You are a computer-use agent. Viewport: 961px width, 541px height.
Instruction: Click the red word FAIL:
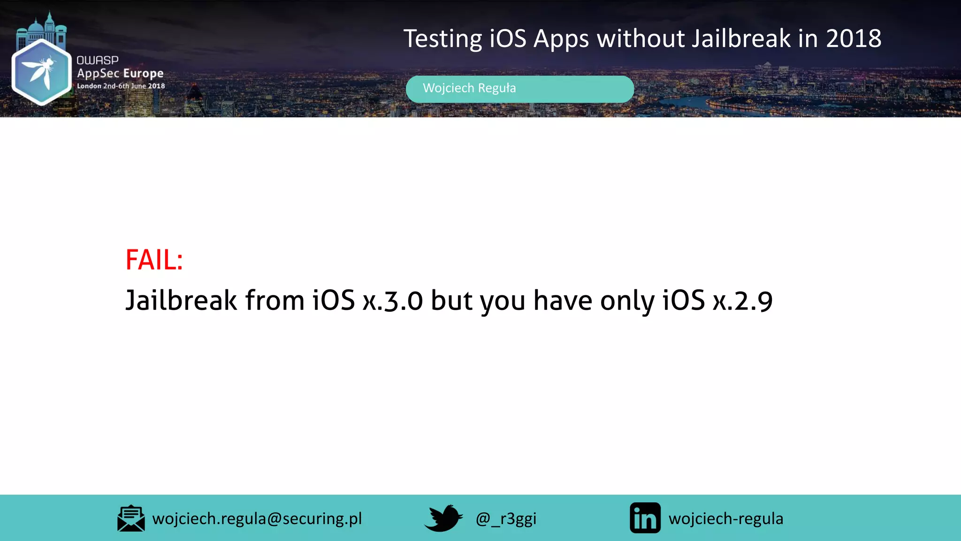click(154, 260)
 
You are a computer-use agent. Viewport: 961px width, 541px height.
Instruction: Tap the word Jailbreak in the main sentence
click(181, 301)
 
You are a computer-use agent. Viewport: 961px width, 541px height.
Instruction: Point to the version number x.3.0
click(393, 301)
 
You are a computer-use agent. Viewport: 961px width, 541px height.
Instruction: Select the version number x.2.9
click(742, 301)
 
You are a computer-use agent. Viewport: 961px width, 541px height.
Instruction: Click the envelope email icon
click(131, 518)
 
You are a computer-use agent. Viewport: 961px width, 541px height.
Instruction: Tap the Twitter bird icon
click(443, 518)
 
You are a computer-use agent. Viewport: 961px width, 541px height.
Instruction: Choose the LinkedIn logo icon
click(645, 518)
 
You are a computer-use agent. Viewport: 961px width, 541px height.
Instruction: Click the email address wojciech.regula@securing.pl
click(257, 518)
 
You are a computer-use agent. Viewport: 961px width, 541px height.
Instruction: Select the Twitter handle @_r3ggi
click(506, 518)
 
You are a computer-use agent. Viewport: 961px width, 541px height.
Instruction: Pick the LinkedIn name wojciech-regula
click(726, 518)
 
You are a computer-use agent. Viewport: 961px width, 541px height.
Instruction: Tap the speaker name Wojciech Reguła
click(469, 88)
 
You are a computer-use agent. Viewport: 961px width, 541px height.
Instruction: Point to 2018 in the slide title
click(854, 39)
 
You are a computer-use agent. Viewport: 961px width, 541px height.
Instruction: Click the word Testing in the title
click(442, 39)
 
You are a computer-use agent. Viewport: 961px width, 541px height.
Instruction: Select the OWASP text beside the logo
click(98, 60)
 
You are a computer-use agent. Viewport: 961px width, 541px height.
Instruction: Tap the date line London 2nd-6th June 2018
click(121, 86)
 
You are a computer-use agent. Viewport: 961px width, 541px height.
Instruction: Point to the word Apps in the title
click(561, 39)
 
